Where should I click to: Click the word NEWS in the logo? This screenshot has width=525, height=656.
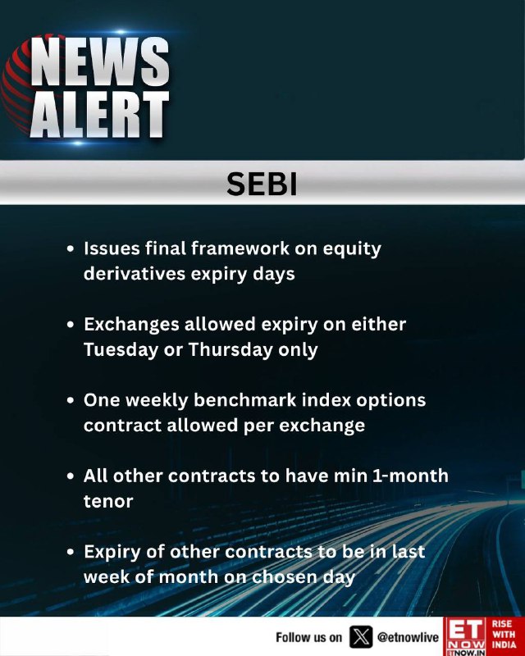point(100,62)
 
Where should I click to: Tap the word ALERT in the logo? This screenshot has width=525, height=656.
point(100,114)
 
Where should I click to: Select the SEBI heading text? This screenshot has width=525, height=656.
point(262,184)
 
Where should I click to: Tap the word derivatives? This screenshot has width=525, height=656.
point(134,274)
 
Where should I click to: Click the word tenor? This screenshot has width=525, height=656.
point(108,501)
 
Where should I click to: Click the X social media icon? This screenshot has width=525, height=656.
point(361,637)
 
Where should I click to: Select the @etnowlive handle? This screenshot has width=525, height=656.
point(408,637)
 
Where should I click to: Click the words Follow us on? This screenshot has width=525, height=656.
point(308,637)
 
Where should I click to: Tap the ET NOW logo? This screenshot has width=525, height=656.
point(466,636)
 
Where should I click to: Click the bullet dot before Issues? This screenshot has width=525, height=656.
point(71,248)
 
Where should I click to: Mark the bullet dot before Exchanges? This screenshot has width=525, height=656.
point(71,324)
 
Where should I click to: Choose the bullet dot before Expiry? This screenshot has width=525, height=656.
point(71,552)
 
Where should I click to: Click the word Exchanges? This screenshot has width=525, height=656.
point(131,325)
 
